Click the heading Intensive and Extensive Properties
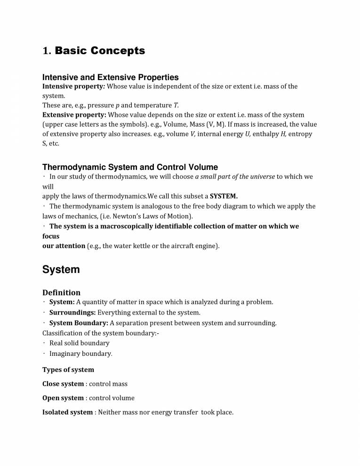[x=110, y=77]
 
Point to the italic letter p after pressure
[x=117, y=105]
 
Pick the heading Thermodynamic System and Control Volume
[x=130, y=167]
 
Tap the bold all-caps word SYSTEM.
[x=224, y=196]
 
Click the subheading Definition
[x=61, y=292]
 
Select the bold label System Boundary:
[x=79, y=323]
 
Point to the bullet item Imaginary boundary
[x=80, y=354]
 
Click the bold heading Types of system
[x=68, y=370]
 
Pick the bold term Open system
[x=63, y=398]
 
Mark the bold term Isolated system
[x=67, y=412]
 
